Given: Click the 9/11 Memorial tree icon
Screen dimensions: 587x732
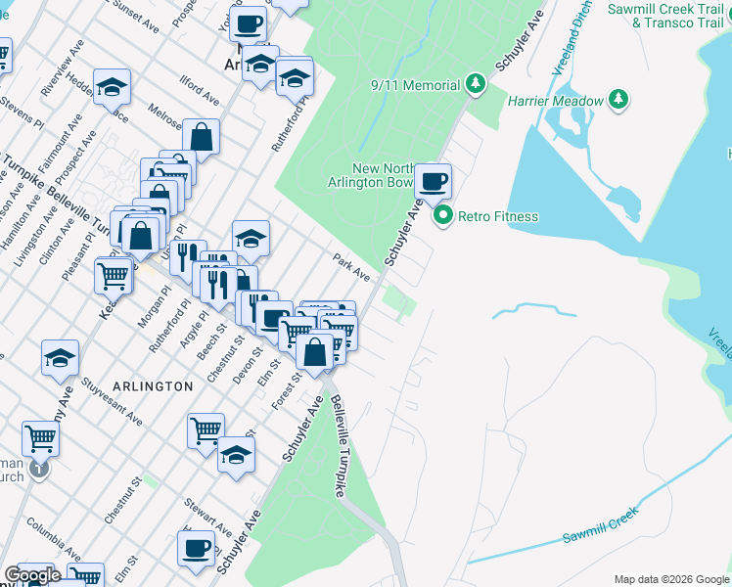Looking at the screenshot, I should (477, 85).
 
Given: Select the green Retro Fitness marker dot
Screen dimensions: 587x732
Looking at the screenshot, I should (443, 216).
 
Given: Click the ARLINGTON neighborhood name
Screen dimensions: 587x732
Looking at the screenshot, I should (152, 386).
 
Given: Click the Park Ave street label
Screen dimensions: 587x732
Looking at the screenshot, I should (350, 267).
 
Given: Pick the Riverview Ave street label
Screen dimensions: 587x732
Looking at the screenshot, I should (56, 75).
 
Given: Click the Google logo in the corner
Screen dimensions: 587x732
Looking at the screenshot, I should (32, 575).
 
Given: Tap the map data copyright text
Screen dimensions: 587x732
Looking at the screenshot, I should (671, 579).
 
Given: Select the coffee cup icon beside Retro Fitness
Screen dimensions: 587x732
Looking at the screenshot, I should (433, 180).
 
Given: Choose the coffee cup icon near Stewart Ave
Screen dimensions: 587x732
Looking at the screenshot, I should (197, 547).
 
